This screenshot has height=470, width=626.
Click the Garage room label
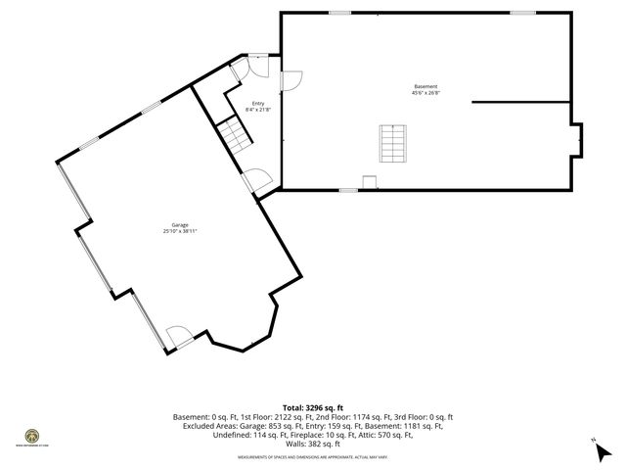click(175, 225)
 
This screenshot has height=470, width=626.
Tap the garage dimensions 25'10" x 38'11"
click(175, 231)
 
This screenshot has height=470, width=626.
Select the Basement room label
click(425, 86)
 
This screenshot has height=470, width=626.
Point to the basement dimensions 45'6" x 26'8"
click(425, 93)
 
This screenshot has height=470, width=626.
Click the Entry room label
click(257, 104)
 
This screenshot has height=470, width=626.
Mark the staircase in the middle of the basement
click(391, 145)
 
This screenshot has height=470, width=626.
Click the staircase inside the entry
click(233, 135)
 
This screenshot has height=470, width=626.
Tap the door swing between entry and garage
click(256, 180)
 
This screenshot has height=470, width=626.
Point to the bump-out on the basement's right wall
click(577, 139)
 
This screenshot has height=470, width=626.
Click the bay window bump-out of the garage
click(242, 336)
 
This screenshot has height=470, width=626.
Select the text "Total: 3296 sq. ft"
click(313, 406)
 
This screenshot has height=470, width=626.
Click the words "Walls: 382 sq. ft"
click(313, 444)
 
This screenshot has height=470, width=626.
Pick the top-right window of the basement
click(523, 13)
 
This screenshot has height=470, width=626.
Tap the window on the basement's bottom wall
click(348, 191)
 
